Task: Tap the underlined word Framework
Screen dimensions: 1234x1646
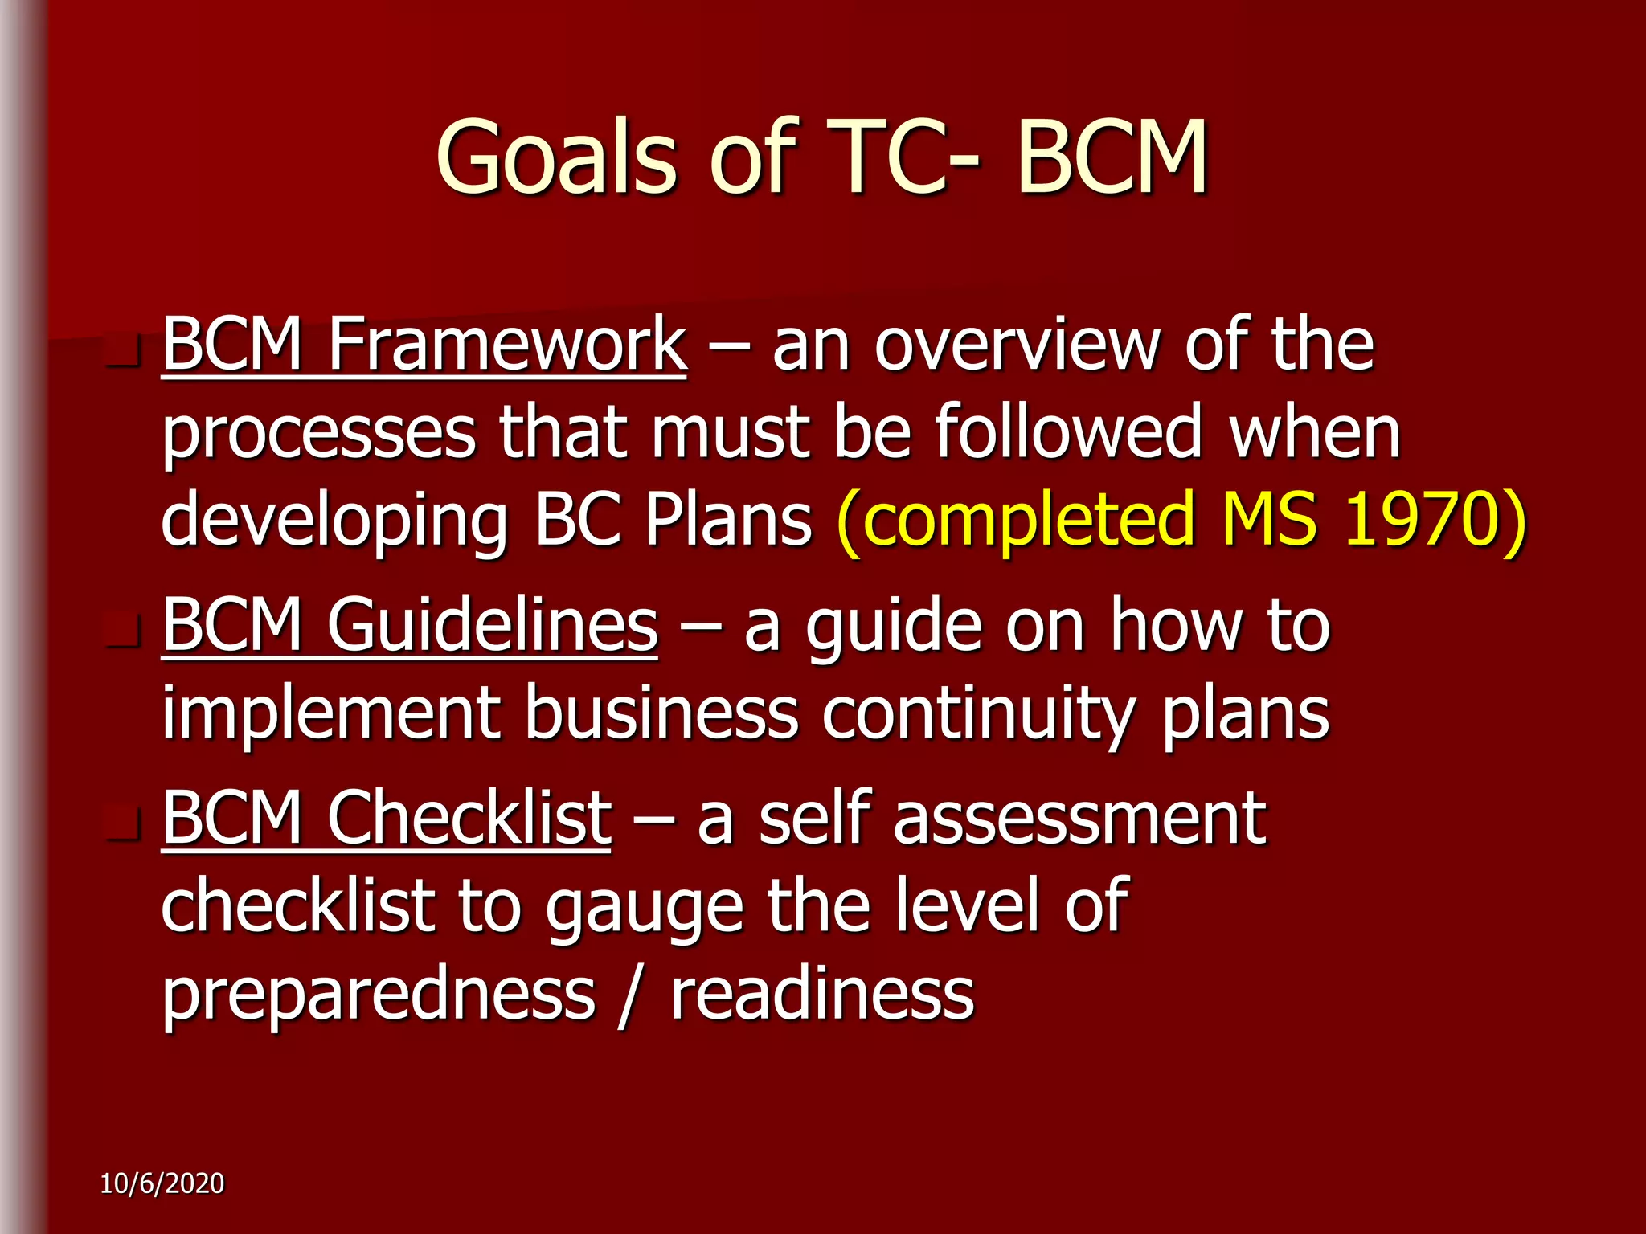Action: (x=507, y=345)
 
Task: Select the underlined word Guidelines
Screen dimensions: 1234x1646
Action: (x=492, y=625)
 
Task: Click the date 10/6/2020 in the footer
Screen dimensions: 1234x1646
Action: (x=162, y=1183)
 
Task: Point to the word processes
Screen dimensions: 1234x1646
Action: (x=319, y=435)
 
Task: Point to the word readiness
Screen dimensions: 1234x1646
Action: (x=822, y=995)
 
